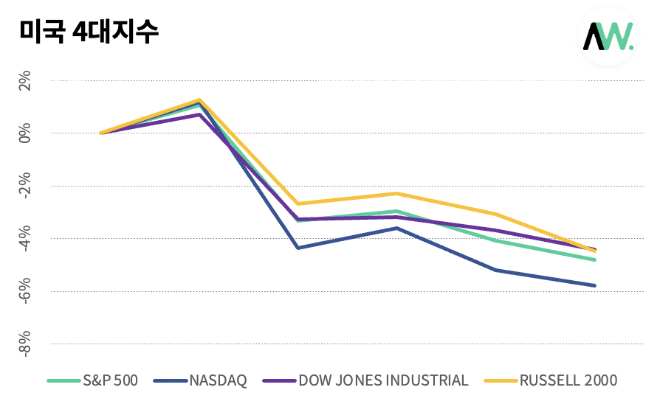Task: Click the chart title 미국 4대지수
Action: (x=89, y=31)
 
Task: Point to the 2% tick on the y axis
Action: (x=24, y=80)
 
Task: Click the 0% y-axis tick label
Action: (x=24, y=133)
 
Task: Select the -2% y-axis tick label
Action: (x=24, y=186)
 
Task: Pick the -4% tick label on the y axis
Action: (x=24, y=238)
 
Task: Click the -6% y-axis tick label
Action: (x=24, y=291)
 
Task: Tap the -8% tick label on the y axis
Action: (x=24, y=344)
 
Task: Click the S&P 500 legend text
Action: (x=110, y=380)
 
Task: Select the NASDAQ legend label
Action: (x=218, y=380)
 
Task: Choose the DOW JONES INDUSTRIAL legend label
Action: (x=383, y=380)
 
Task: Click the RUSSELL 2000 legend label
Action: (x=568, y=380)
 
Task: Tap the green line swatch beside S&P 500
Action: (x=63, y=380)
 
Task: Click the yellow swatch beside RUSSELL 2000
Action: (x=501, y=380)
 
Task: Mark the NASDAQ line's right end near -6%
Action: (x=594, y=285)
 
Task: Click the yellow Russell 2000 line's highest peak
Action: (x=199, y=100)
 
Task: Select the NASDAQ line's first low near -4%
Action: (x=298, y=248)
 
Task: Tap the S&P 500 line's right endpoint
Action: (x=594, y=260)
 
